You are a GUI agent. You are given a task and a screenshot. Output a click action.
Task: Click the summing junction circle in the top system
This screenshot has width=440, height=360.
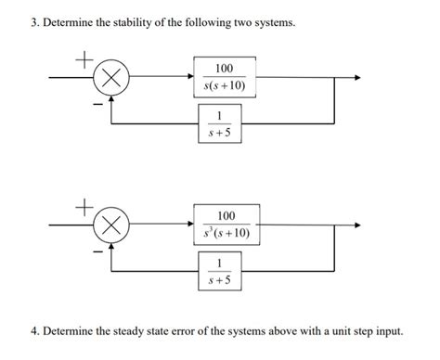pos(112,79)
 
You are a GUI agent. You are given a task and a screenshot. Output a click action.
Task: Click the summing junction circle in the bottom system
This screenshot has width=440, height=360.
pos(112,225)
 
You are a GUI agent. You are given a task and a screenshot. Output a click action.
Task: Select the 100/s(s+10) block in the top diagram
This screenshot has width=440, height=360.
pos(224,78)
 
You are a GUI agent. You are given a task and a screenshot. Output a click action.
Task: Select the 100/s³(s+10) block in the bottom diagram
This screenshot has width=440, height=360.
pos(224,224)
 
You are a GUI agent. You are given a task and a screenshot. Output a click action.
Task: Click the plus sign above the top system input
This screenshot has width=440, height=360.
pos(84,58)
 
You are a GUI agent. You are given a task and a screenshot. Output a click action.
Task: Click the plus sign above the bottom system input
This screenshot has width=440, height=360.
pos(84,204)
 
